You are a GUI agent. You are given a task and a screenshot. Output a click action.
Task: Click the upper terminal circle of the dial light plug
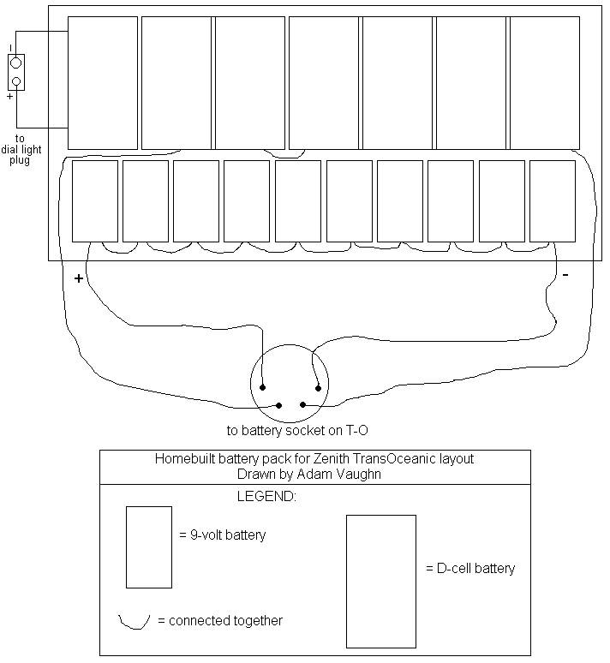tap(15, 63)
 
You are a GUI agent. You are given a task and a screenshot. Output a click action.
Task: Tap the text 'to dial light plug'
tap(19, 149)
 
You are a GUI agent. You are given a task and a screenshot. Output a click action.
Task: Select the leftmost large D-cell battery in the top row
tap(103, 82)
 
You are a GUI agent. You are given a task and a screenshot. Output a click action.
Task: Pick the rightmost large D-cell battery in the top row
tap(545, 82)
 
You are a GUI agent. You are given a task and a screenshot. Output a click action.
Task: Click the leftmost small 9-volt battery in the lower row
tap(94, 200)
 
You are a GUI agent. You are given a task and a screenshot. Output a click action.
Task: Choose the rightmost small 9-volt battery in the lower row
tap(552, 200)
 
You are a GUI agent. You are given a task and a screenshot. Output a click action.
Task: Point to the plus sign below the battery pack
tap(79, 278)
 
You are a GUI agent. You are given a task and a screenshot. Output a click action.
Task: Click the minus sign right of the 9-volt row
tap(565, 275)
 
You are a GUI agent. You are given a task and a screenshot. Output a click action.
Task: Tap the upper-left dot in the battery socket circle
tap(263, 387)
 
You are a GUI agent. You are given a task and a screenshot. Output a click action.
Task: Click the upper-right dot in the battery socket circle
tap(318, 388)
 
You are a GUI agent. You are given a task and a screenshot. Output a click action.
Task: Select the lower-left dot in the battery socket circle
tap(278, 404)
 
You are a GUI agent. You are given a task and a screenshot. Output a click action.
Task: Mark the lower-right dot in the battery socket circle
tap(302, 404)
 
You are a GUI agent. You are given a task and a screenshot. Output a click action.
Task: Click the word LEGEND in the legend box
tap(266, 497)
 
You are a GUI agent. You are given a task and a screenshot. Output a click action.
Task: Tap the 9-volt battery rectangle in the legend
tap(149, 547)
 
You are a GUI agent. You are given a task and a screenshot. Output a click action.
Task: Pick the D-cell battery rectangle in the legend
tap(381, 581)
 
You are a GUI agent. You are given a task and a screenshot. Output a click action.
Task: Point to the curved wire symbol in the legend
tap(135, 620)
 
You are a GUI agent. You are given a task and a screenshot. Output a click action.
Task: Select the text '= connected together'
tap(220, 620)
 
